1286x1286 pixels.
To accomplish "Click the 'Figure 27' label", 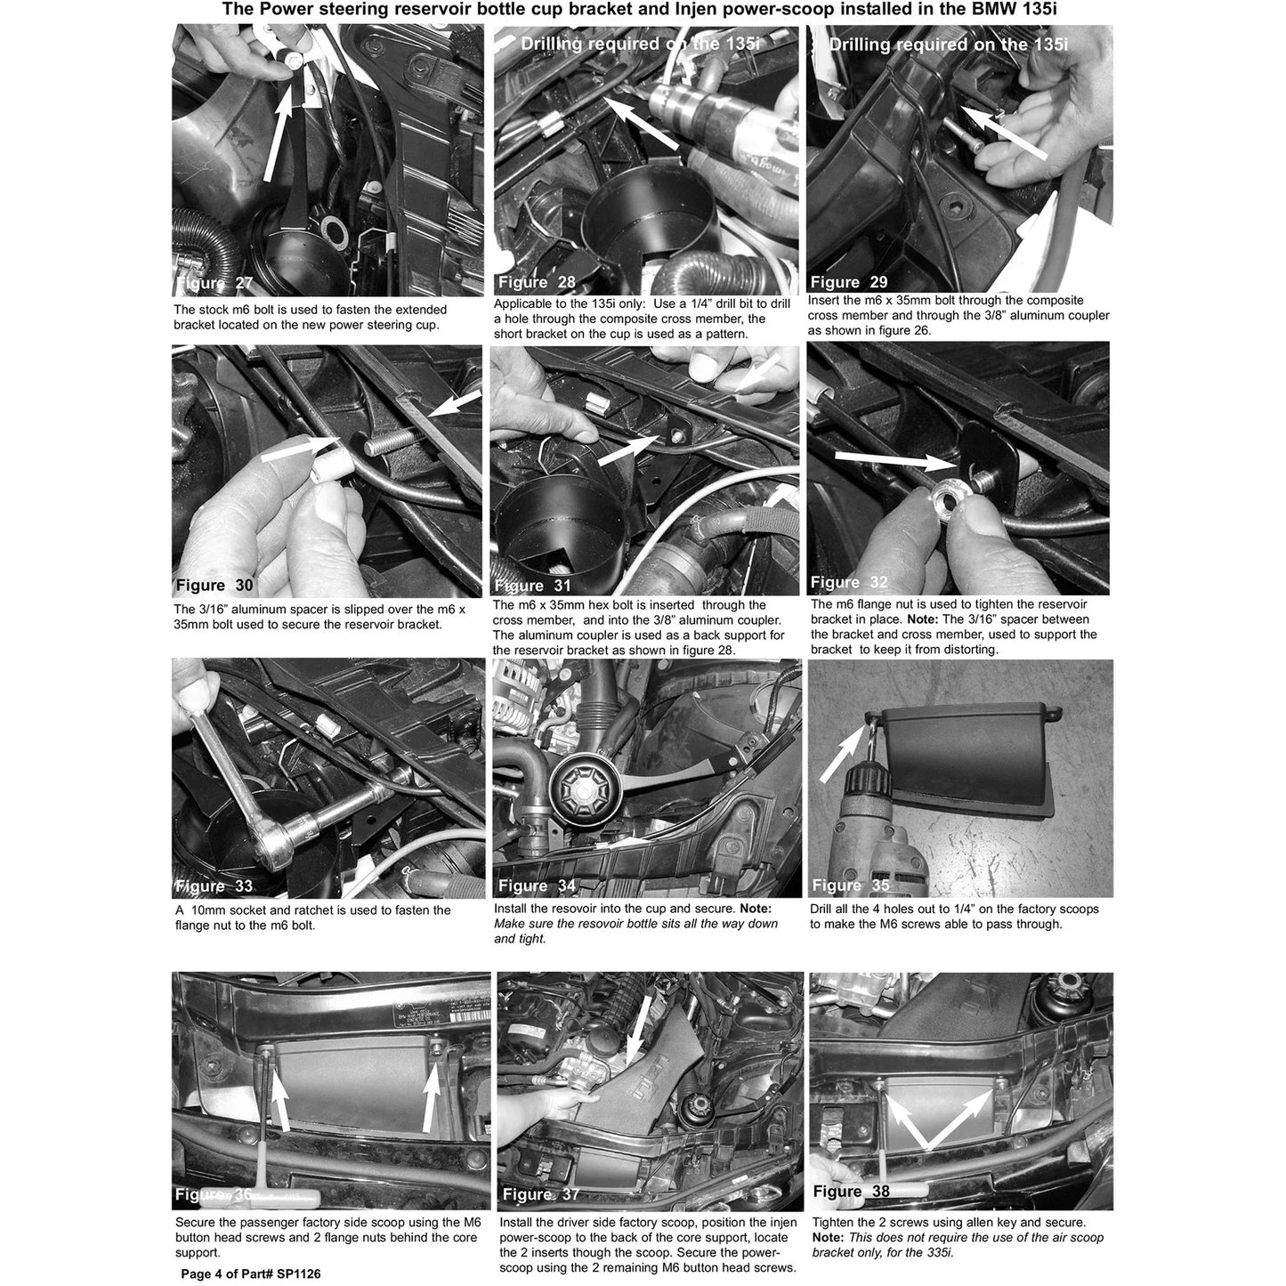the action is tap(214, 283).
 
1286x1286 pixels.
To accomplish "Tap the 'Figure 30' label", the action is tap(214, 586).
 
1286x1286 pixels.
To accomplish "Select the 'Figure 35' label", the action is tap(851, 885).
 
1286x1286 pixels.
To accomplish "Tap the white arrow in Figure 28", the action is tap(642, 121).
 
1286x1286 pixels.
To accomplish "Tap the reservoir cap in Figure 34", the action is tap(585, 793).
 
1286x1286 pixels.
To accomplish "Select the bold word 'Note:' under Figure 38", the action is tap(828, 1237).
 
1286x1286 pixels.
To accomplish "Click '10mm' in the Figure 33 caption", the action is tap(207, 910).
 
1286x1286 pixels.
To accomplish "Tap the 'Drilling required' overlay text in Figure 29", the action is tap(900, 44).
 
